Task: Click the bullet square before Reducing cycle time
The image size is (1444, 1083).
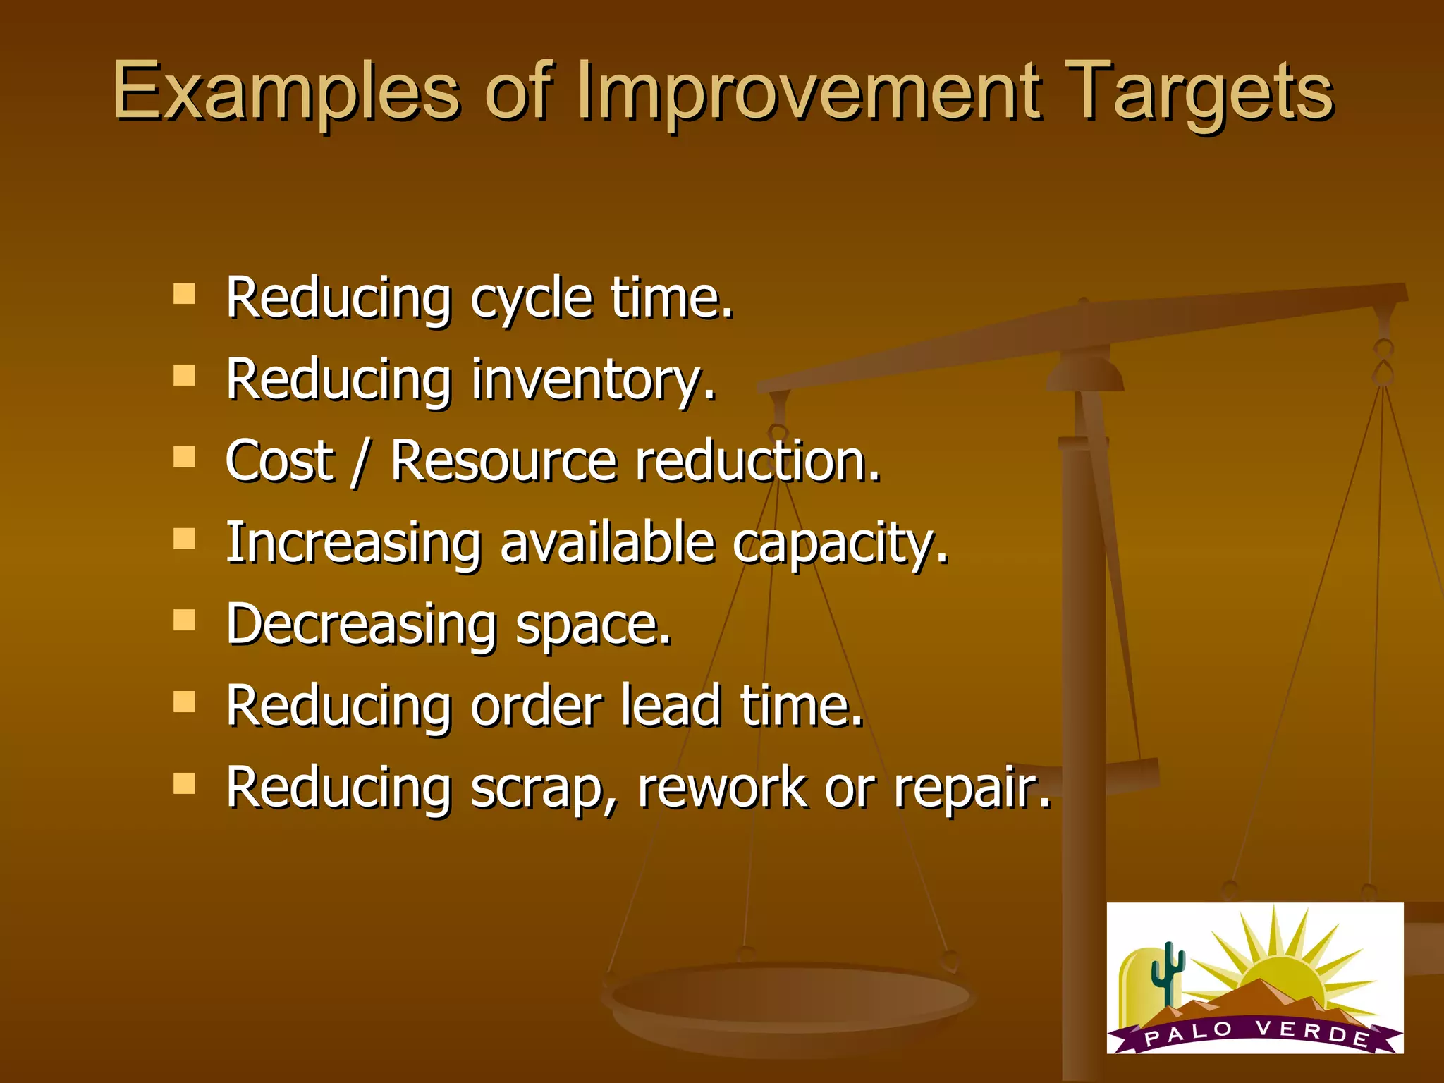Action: (x=184, y=293)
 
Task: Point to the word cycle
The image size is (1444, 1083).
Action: (x=531, y=300)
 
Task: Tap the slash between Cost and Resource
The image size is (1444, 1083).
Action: (x=360, y=462)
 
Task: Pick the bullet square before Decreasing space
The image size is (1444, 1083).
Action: (x=184, y=620)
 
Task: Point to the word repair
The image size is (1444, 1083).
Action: (x=971, y=788)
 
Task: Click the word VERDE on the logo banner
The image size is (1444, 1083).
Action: (x=1311, y=1032)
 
